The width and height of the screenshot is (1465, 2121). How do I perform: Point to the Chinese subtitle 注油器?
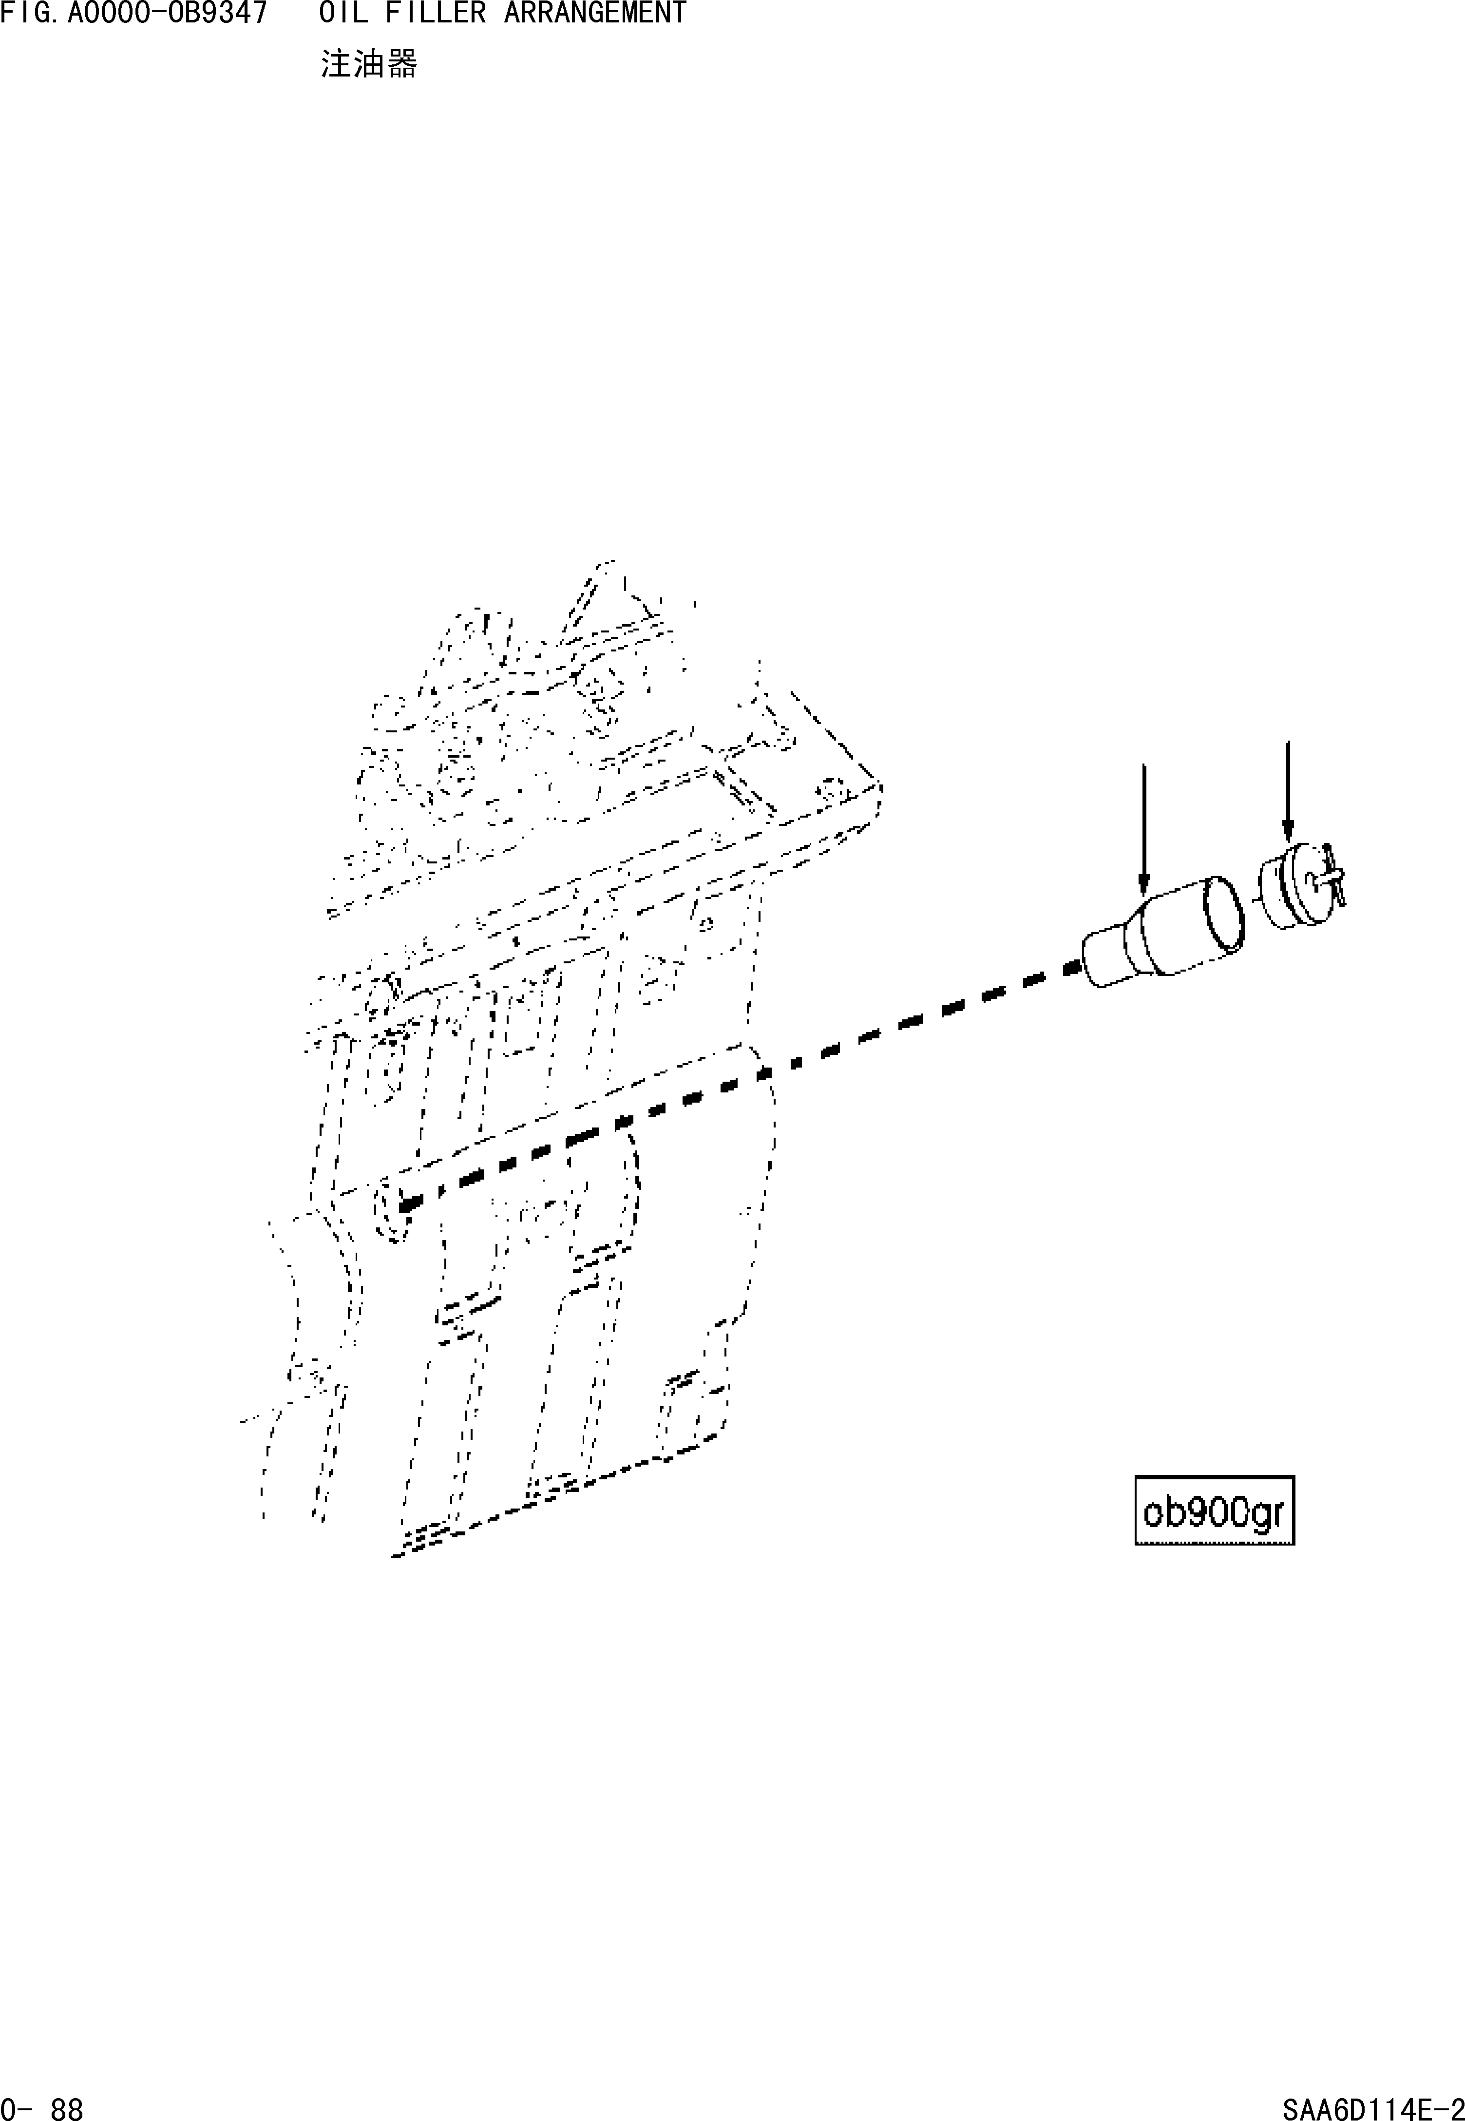tap(368, 64)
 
